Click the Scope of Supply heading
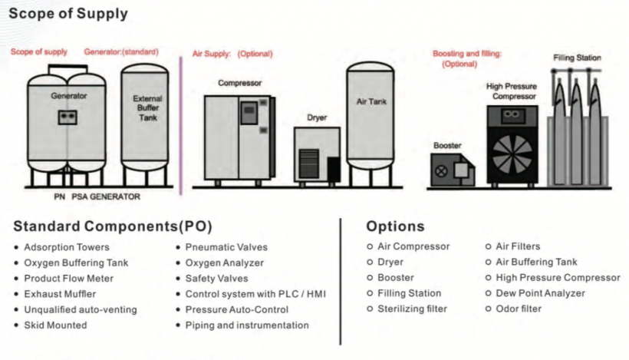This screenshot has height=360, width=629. point(68,14)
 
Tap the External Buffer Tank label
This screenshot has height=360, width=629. point(147,108)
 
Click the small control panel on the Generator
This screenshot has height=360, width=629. point(69,117)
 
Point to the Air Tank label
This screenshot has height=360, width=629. point(371,101)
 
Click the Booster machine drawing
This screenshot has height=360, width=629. point(452,170)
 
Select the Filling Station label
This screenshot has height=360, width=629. point(577,58)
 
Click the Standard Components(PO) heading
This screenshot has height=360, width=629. point(113,226)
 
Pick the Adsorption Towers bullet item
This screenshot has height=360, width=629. point(67,247)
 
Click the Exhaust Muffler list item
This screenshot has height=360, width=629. point(60,294)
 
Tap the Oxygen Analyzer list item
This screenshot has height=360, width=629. point(225,263)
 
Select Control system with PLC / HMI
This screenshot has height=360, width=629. point(255,294)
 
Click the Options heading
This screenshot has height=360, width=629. point(395,226)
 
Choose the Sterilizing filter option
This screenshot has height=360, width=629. point(412,309)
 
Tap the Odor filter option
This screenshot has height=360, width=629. point(519,309)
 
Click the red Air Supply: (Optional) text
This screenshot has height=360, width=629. point(232,54)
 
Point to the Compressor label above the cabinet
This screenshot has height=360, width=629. point(239,82)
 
